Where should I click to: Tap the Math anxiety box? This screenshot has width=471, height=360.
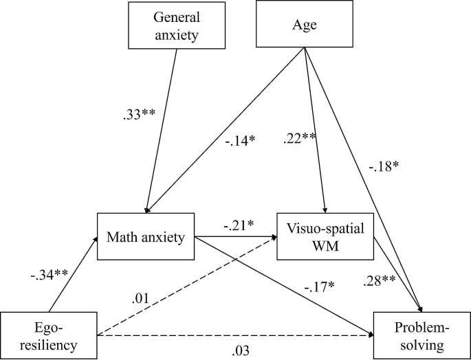(x=146, y=237)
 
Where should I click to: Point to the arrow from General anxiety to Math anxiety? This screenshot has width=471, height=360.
(x=163, y=131)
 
